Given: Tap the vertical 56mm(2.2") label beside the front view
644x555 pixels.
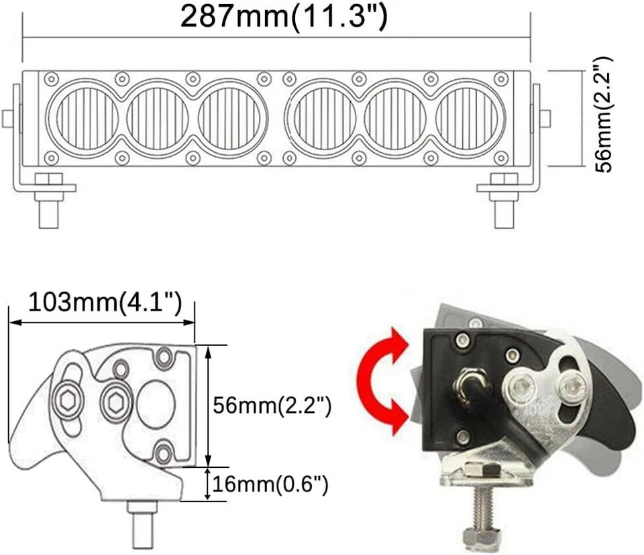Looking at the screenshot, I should (604, 115).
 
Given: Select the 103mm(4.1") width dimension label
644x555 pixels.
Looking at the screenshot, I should (105, 302).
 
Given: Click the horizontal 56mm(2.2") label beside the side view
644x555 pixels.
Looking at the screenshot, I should (272, 406).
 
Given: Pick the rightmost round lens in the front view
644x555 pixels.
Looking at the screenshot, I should (470, 119).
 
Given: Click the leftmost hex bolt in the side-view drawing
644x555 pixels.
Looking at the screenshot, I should (68, 400).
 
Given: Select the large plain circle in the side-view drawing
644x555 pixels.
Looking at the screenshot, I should (156, 404).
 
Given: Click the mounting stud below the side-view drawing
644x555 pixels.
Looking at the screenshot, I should (142, 526).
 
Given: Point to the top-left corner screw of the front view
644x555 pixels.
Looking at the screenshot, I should (50, 79).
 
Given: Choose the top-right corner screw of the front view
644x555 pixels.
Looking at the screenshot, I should (500, 79).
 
